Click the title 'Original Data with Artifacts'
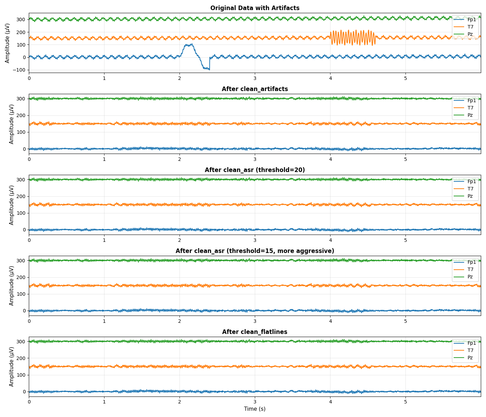pyautogui.click(x=254, y=8)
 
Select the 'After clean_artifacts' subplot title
pyautogui.click(x=254, y=89)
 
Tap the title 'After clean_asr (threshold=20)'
pyautogui.click(x=254, y=170)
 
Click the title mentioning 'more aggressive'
pyautogui.click(x=254, y=251)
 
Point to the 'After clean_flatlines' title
pyautogui.click(x=254, y=332)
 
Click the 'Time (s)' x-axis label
pyautogui.click(x=254, y=409)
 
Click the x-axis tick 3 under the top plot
pyautogui.click(x=255, y=78)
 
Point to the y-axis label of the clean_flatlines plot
pyautogui.click(x=11, y=367)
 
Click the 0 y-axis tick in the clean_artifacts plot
pyautogui.click(x=25, y=149)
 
